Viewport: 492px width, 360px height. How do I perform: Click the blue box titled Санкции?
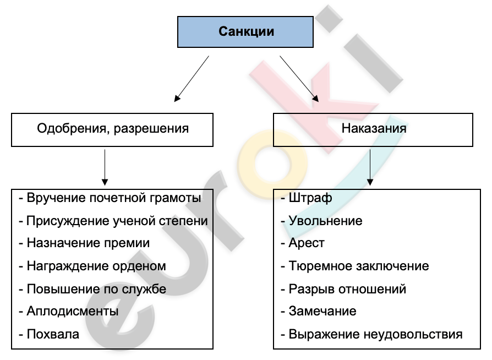(245, 32)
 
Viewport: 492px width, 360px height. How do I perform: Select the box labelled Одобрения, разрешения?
(112, 130)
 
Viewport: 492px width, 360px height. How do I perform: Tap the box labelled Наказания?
(373, 130)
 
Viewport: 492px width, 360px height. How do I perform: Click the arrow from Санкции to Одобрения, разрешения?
(192, 79)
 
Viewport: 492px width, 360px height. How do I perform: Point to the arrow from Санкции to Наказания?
(299, 79)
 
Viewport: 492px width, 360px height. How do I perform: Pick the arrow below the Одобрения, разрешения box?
(105, 167)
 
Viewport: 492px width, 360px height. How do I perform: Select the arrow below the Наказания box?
(370, 167)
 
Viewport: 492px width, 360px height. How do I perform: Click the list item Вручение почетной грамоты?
(113, 198)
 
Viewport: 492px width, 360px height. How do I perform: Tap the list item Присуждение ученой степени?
(117, 221)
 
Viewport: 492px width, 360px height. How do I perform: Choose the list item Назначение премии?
(88, 243)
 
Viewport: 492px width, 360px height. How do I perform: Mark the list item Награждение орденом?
(96, 266)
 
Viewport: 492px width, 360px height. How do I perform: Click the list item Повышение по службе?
(96, 289)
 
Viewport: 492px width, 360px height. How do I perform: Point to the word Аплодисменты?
(73, 312)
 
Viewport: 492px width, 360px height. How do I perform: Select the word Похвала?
(53, 334)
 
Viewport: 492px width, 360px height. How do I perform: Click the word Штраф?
(310, 198)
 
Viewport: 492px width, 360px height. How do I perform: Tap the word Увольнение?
(325, 221)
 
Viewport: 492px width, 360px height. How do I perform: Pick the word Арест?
(307, 243)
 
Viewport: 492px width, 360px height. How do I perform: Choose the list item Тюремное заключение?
(359, 266)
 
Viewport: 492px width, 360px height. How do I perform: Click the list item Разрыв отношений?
(347, 289)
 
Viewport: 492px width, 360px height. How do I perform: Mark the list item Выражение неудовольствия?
(375, 334)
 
